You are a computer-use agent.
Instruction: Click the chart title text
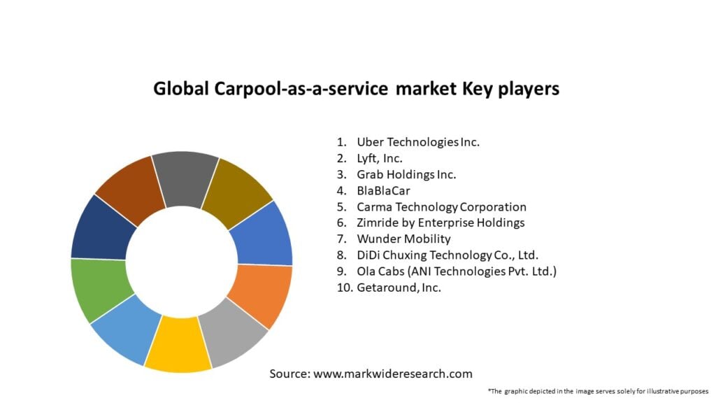click(x=356, y=89)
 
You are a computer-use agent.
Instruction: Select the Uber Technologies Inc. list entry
click(x=418, y=142)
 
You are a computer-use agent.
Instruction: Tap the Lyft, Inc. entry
click(x=380, y=158)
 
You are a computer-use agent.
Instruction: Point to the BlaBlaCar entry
click(x=385, y=190)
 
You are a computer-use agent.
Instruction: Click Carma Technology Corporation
click(x=441, y=207)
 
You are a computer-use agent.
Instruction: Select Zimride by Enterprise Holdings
click(x=441, y=223)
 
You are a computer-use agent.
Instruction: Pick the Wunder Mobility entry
click(x=403, y=239)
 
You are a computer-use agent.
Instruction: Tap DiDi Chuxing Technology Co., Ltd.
click(x=447, y=255)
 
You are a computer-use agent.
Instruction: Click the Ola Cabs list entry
click(x=457, y=271)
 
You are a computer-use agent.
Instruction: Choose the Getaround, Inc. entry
click(x=399, y=288)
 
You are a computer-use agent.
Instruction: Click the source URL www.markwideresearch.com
click(x=393, y=374)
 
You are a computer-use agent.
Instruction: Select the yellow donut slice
click(x=178, y=344)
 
